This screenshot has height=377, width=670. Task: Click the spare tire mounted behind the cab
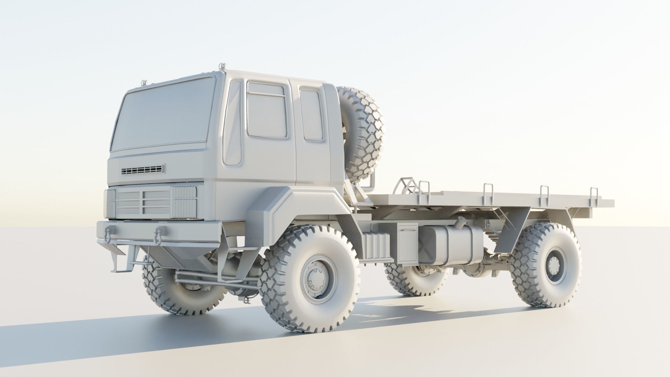tap(363, 134)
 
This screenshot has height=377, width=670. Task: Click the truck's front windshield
tap(164, 115)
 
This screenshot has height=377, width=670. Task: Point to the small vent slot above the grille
tap(142, 170)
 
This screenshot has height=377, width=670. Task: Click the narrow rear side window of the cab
tap(311, 114)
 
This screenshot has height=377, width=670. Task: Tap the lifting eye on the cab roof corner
tap(222, 66)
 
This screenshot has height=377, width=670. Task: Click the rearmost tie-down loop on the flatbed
tap(593, 197)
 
